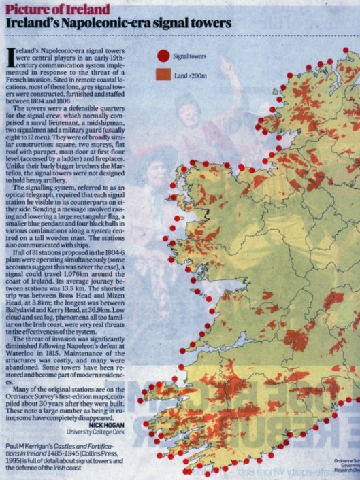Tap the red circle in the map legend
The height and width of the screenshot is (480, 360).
tap(163, 56)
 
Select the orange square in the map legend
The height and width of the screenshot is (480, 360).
tap(163, 75)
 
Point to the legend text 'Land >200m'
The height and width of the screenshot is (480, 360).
tap(191, 75)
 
